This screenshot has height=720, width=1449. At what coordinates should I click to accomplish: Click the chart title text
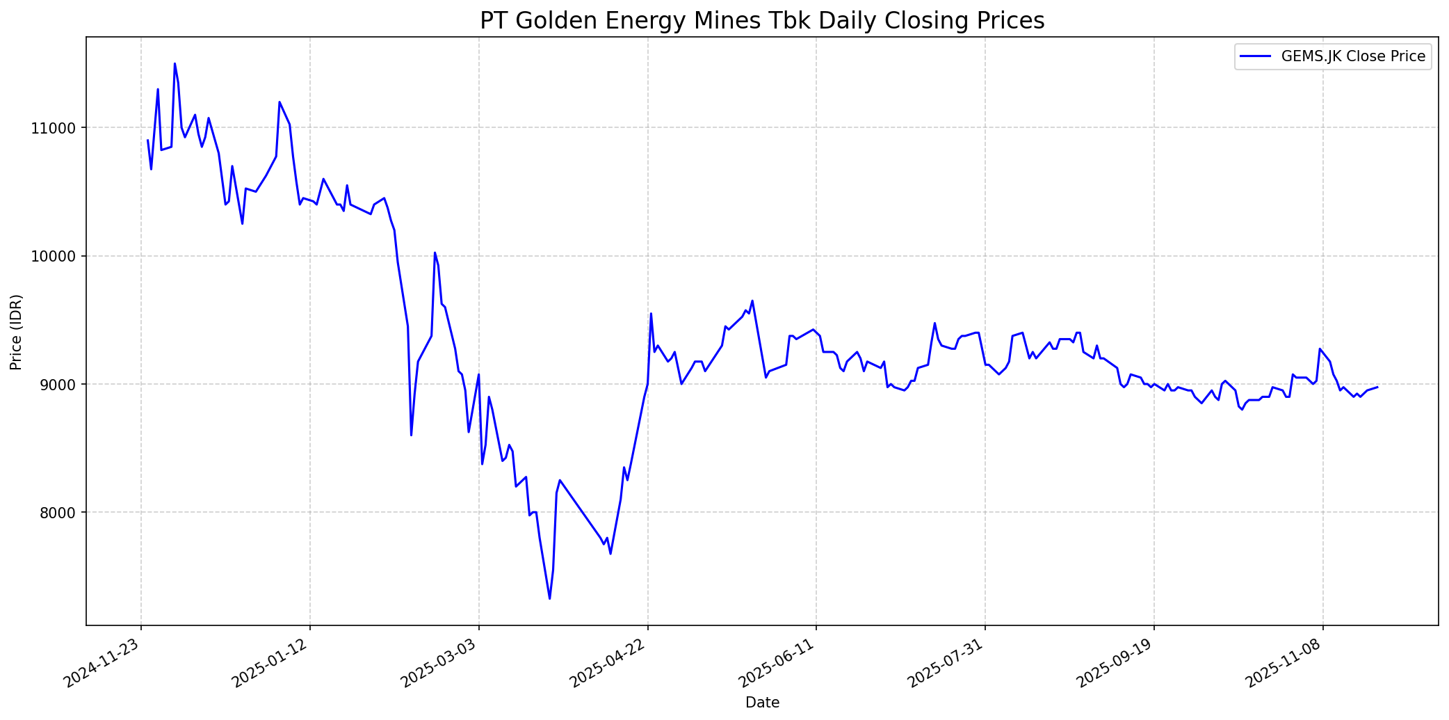(761, 21)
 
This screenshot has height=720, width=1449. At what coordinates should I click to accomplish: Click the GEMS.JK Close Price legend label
(1353, 56)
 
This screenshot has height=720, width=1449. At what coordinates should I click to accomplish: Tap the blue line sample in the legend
(1257, 56)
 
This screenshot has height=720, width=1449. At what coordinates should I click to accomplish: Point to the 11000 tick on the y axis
(62, 128)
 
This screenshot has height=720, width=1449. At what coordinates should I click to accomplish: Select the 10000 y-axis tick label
(62, 257)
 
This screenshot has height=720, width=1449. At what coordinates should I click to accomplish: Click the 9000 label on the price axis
(65, 385)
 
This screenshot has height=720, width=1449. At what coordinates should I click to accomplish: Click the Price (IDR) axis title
(17, 332)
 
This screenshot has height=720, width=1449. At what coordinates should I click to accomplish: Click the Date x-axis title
(762, 703)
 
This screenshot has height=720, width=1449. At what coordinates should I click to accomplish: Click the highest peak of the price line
(175, 63)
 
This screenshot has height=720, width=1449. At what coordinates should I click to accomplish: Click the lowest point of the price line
(549, 598)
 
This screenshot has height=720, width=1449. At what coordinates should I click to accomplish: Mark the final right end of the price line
(1377, 387)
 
